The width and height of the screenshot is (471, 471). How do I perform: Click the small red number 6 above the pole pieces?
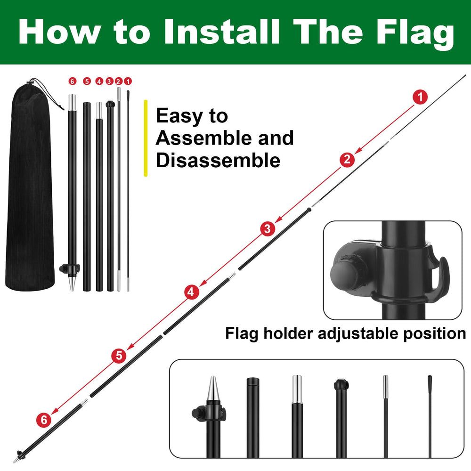73,81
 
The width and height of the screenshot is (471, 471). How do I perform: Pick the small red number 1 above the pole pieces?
128,81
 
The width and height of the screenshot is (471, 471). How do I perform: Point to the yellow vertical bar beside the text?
146,138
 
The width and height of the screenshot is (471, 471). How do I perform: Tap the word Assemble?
204,138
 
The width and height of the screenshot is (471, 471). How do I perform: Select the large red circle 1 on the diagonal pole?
420,97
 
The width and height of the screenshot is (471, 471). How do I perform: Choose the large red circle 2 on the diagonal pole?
347,160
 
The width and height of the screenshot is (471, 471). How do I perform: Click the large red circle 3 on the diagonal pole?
268,229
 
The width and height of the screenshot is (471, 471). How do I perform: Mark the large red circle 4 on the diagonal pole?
191,292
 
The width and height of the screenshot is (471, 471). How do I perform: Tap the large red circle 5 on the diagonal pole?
119,356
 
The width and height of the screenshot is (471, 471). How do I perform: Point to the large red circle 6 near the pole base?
44,420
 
